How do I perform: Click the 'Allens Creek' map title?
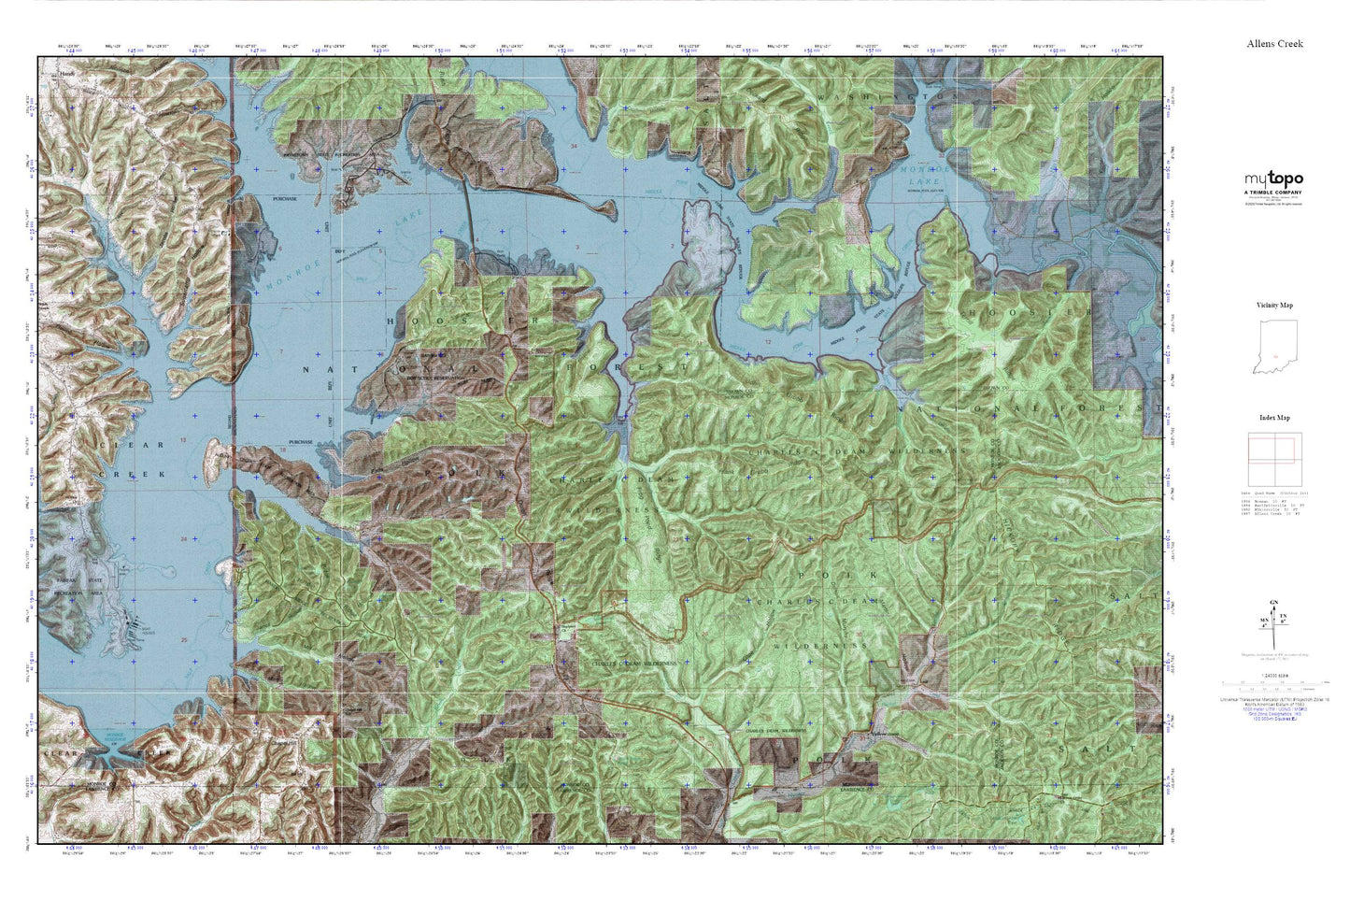click(1274, 44)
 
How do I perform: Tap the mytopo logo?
click(1272, 179)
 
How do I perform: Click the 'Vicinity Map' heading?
click(1273, 306)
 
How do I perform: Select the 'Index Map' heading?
click(1273, 418)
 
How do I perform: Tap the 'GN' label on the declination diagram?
click(1273, 603)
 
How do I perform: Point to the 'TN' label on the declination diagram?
click(1283, 617)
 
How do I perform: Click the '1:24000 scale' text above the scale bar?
click(1273, 675)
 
